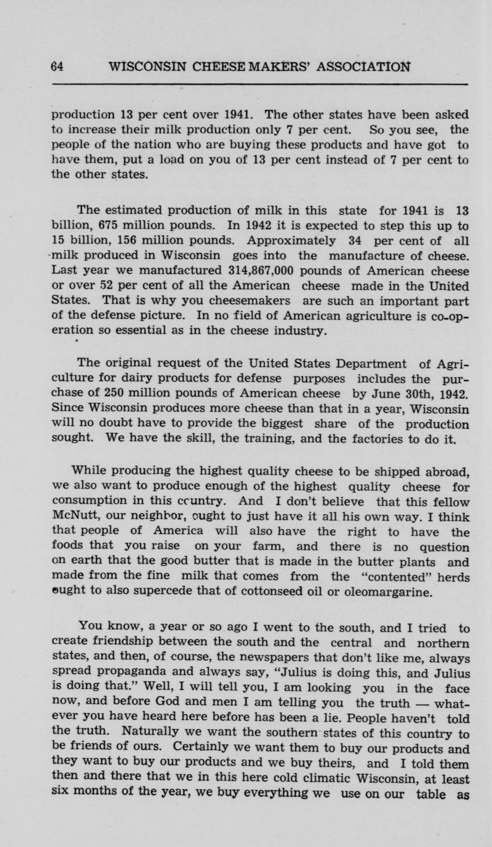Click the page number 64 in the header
(57, 66)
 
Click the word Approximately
(291, 240)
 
